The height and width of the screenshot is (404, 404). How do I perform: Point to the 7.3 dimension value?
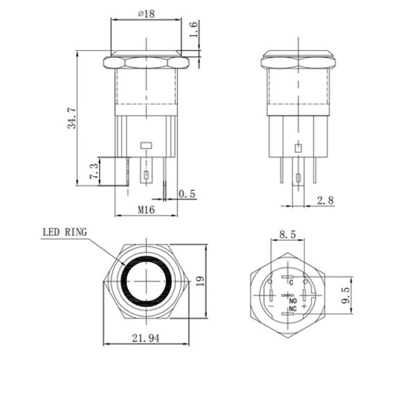click(93, 171)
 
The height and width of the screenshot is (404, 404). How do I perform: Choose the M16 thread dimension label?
click(146, 209)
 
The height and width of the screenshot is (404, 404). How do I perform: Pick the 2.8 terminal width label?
click(325, 200)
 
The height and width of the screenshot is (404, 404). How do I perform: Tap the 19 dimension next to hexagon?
click(198, 282)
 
